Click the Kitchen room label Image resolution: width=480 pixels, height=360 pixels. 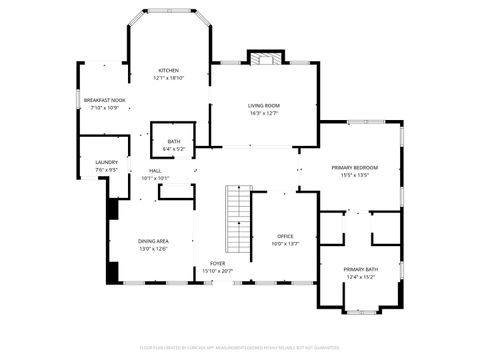(167, 70)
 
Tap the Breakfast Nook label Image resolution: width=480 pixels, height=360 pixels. (104, 100)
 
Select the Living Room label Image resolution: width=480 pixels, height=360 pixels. (264, 105)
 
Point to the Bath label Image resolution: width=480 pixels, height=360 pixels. (174, 142)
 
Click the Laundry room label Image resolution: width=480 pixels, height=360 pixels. (106, 162)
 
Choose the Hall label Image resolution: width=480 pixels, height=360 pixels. (155, 171)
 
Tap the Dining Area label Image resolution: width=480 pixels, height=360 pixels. (153, 241)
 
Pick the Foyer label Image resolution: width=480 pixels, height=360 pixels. (217, 264)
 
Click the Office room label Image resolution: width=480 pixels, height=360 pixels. (286, 236)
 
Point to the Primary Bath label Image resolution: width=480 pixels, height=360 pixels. (360, 269)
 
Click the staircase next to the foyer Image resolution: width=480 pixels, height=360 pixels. (238, 220)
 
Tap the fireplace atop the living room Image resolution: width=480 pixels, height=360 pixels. (264, 59)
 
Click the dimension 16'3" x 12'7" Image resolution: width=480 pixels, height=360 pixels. (264, 113)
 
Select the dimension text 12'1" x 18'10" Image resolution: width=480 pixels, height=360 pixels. (167, 78)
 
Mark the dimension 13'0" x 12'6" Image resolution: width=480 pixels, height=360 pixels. (153, 249)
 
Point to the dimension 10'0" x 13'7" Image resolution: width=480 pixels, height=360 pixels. (286, 244)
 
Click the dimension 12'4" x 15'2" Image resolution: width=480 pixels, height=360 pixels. (360, 277)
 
